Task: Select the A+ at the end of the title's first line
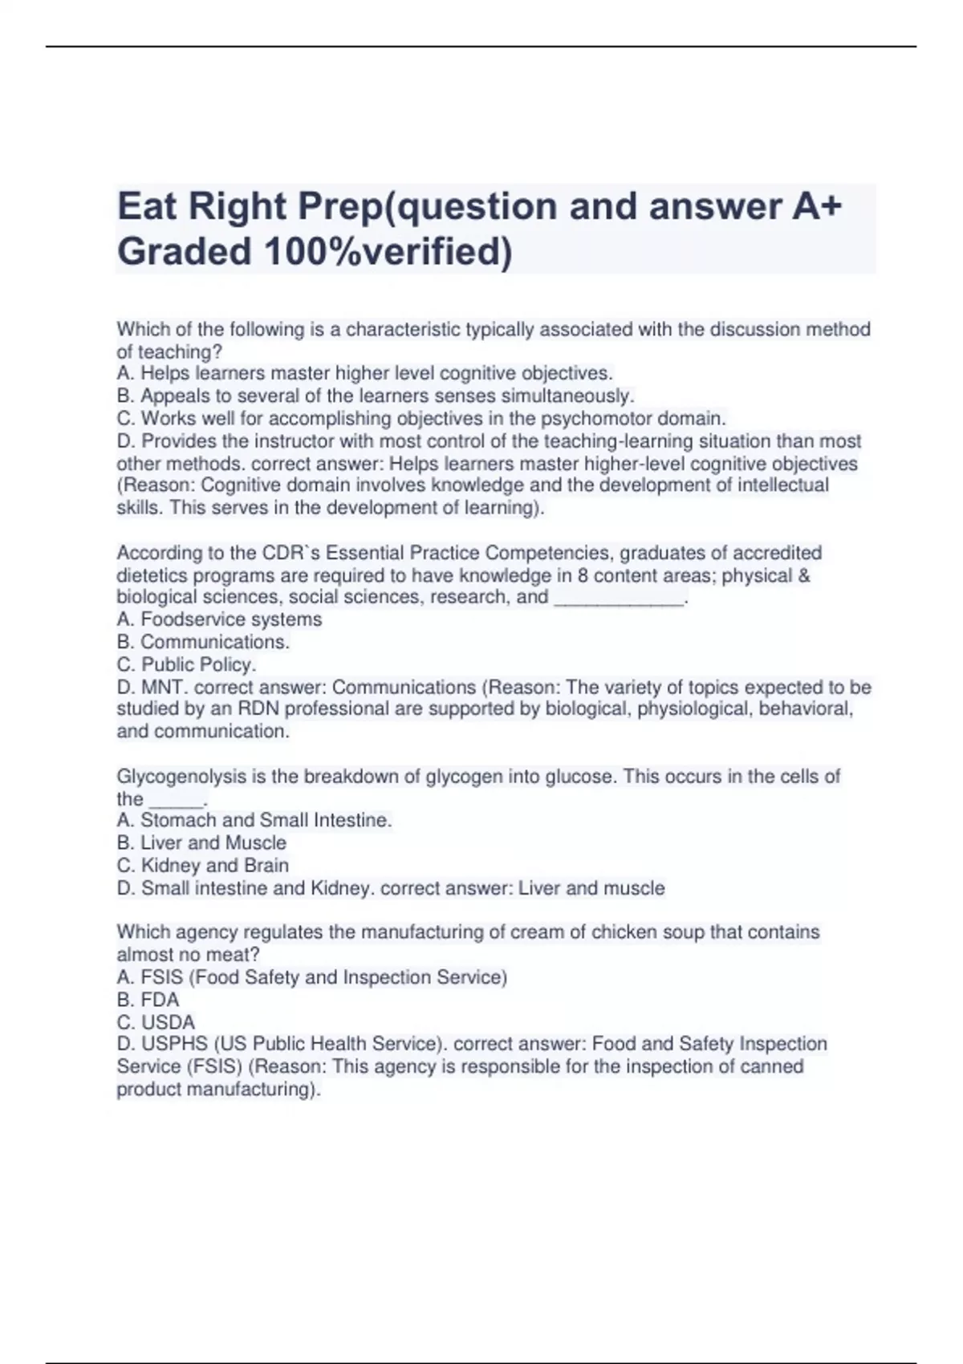(x=817, y=206)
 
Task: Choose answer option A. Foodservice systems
(x=219, y=619)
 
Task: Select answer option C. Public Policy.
(x=186, y=664)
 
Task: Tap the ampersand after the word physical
(x=803, y=575)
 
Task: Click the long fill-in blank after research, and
(x=619, y=598)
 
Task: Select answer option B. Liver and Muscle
(x=201, y=842)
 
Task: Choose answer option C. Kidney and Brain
(x=202, y=865)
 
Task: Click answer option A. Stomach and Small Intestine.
(x=254, y=820)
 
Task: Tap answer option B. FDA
(x=148, y=1000)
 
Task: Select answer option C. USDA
(x=156, y=1022)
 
